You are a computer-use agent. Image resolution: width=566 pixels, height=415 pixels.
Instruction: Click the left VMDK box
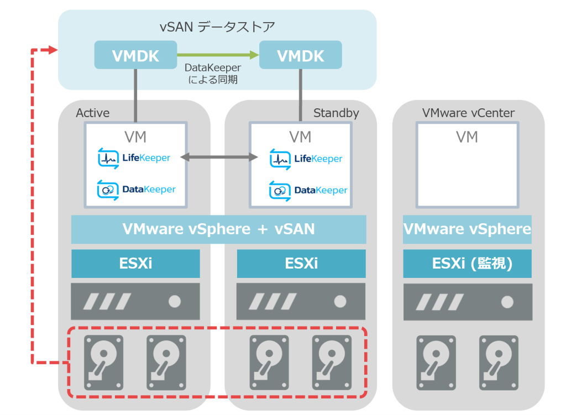(136, 55)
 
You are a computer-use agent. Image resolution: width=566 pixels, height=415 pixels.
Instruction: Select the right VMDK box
(301, 55)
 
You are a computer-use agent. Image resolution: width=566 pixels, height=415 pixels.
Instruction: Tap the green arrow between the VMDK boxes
(218, 55)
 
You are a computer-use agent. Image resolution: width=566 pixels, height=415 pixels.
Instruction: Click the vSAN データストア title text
(217, 27)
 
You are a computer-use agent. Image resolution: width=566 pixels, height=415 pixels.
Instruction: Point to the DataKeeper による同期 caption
(213, 73)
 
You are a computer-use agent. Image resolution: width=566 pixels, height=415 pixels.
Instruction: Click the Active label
(92, 113)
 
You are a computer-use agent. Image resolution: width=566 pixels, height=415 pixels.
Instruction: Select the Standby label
(336, 113)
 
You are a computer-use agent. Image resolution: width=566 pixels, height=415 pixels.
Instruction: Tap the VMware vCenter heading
(468, 113)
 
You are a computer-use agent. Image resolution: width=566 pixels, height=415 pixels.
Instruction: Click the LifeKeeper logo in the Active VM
(134, 158)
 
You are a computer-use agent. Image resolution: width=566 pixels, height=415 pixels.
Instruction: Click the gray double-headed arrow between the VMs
(219, 157)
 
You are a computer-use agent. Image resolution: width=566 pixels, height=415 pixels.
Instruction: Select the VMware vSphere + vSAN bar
(219, 229)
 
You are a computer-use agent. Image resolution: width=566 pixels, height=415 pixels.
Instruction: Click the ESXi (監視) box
(468, 264)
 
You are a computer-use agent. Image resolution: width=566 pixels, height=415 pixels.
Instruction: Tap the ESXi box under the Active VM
(136, 264)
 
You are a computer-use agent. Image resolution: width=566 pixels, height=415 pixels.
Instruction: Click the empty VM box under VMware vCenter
(468, 165)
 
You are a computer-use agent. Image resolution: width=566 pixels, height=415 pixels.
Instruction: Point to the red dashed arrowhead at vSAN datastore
(53, 49)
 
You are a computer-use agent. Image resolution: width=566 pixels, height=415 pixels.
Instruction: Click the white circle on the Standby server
(340, 301)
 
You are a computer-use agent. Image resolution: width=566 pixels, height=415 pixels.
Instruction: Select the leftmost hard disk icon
(103, 363)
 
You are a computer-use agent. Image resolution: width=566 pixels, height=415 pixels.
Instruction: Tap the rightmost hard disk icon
(499, 363)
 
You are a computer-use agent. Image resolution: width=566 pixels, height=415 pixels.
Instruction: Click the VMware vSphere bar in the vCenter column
(468, 229)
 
